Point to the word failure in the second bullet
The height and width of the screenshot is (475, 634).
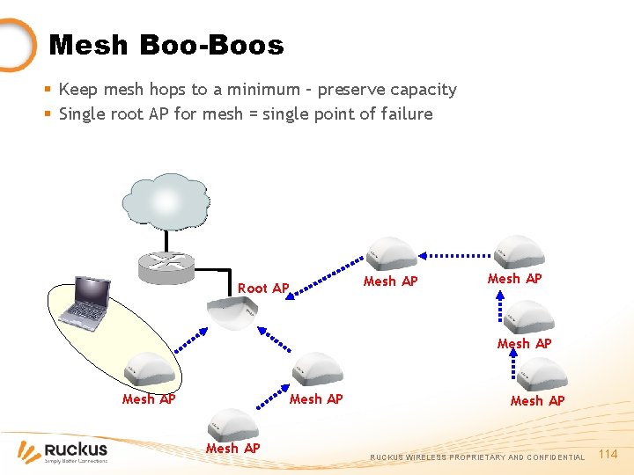[x=403, y=114]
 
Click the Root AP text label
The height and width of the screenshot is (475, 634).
[x=262, y=289]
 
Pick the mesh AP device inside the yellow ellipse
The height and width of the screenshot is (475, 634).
[x=150, y=369]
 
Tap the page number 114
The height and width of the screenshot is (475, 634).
[x=608, y=454]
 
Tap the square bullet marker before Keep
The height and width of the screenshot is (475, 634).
[x=48, y=90]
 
